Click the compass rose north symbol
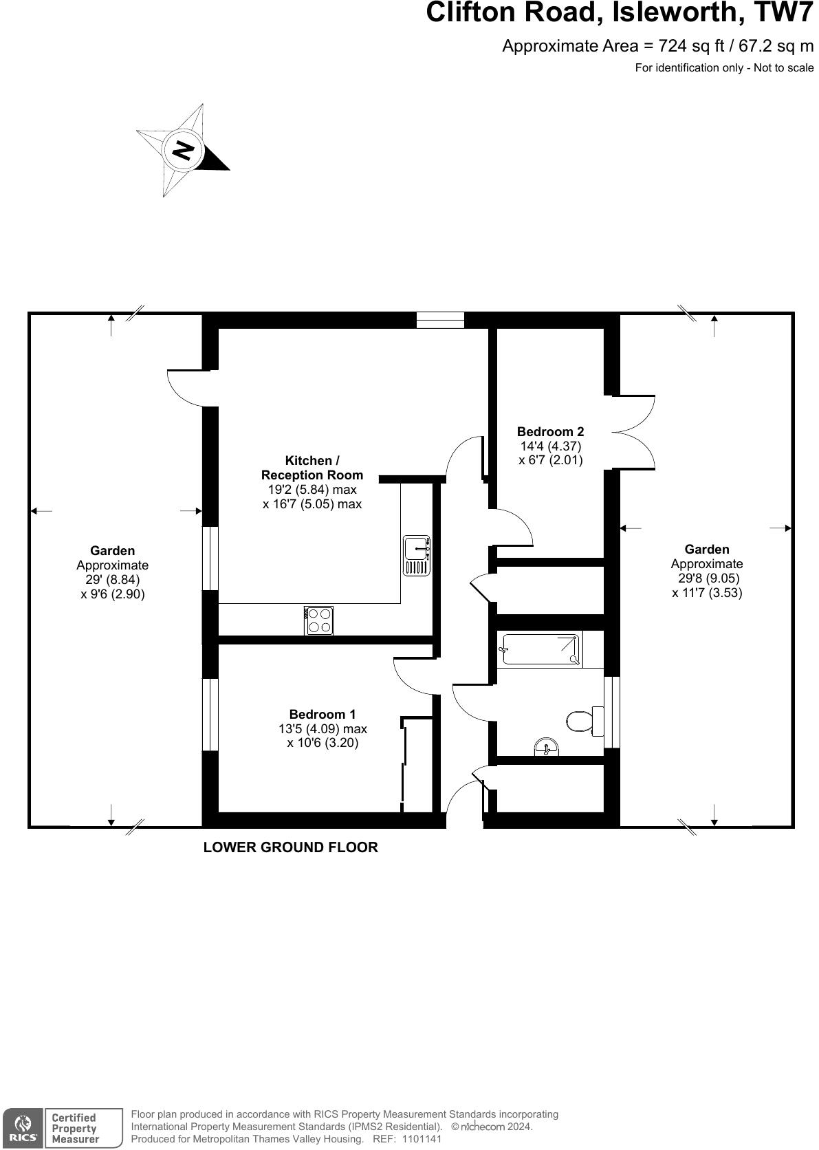click(x=183, y=150)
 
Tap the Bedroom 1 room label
click(x=323, y=715)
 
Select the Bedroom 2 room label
click(x=550, y=431)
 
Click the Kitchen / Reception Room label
click(x=312, y=468)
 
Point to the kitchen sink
click(x=417, y=556)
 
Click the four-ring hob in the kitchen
click(x=319, y=620)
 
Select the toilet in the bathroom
click(x=582, y=720)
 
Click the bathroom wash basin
click(x=547, y=747)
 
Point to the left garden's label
click(x=113, y=550)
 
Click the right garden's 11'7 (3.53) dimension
click(x=707, y=592)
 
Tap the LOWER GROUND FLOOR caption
click(x=290, y=847)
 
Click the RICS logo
click(x=23, y=1128)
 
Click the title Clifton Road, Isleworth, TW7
click(x=620, y=13)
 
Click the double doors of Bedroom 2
click(x=633, y=432)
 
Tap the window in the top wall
click(x=440, y=320)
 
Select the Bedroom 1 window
click(x=210, y=714)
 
